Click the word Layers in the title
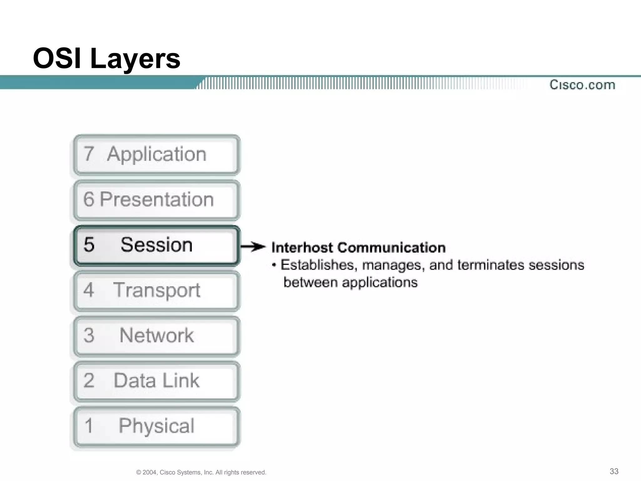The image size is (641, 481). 135,59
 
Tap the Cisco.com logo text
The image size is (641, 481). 582,85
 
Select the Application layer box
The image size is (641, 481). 156,154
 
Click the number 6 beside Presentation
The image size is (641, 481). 89,199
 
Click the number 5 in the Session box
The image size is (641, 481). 89,245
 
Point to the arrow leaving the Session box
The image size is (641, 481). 253,247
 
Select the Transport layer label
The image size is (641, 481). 156,290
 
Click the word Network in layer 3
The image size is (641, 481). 156,335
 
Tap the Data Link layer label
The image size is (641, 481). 156,381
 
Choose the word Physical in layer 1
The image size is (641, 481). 156,426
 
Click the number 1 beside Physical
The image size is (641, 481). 89,426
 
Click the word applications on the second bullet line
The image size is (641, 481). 380,282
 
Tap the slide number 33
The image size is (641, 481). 614,471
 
